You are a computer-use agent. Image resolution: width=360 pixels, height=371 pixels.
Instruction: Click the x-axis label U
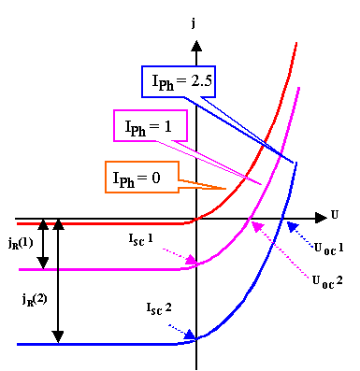click(335, 215)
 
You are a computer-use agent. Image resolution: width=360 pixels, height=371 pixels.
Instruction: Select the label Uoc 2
click(326, 278)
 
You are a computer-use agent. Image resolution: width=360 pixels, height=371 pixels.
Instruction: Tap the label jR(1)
click(20, 244)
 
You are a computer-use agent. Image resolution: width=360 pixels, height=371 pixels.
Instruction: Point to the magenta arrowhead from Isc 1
click(192, 261)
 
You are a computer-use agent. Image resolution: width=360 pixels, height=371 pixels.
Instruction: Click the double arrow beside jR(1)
click(41, 245)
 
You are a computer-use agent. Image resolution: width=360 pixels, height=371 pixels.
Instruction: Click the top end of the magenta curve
click(299, 87)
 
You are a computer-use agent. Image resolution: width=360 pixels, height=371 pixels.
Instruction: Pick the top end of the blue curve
click(297, 163)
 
